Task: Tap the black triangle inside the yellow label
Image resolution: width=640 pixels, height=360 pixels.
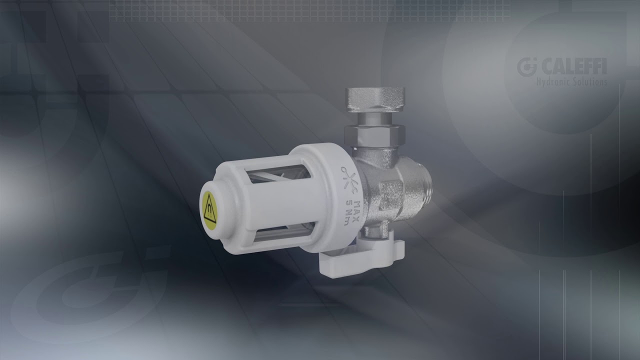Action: click(207, 206)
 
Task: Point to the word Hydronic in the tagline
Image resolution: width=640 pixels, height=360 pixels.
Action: click(553, 81)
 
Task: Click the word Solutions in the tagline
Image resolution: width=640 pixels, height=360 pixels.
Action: click(589, 81)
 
